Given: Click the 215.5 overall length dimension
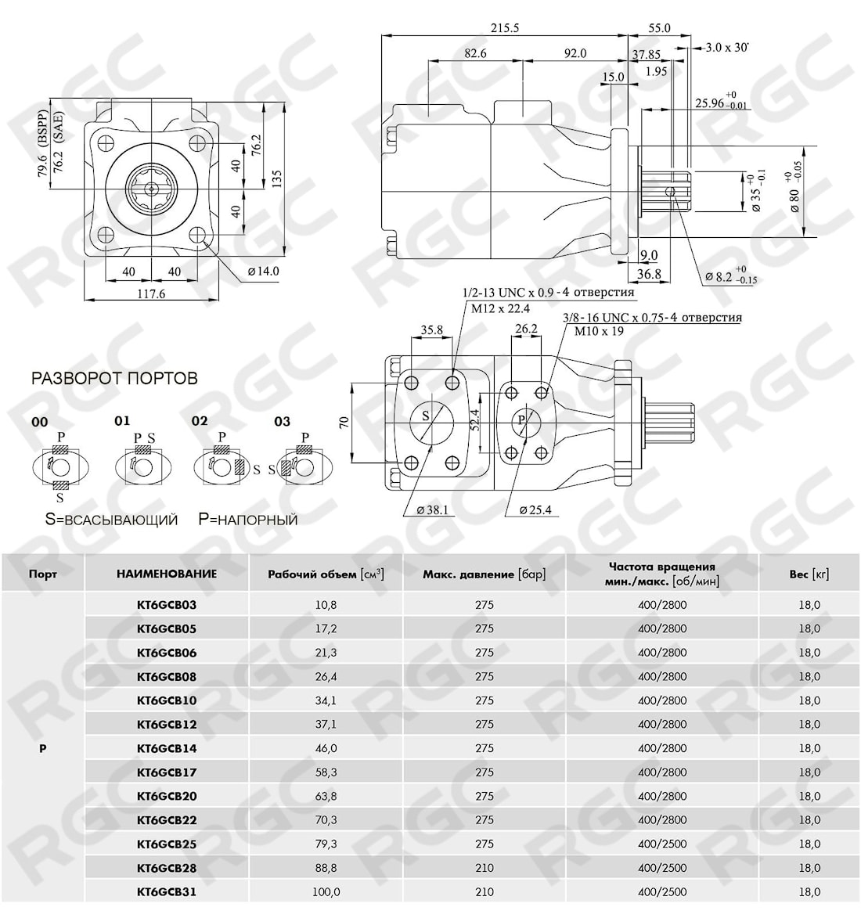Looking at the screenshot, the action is [x=505, y=27].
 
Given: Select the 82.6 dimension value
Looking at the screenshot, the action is [x=475, y=53].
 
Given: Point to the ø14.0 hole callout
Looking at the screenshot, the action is [x=263, y=271].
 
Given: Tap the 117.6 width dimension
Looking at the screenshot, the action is [x=151, y=294].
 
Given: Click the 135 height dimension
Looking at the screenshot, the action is [x=278, y=178].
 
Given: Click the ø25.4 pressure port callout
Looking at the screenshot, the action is [x=535, y=510].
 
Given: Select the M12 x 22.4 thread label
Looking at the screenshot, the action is [x=500, y=308].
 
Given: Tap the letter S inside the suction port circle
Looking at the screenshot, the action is [x=426, y=416].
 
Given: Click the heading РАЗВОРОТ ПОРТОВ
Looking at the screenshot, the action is [x=114, y=378].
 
